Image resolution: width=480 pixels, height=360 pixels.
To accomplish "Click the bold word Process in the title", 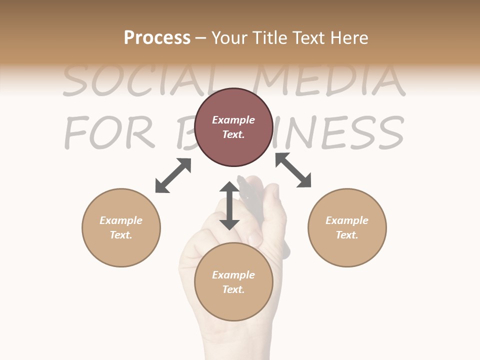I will click(157, 38).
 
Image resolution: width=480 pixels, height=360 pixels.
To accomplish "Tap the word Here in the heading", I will click(349, 38).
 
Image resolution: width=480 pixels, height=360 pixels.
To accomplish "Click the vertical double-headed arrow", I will click(229, 205).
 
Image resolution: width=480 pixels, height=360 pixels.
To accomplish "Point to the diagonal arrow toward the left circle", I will click(173, 175).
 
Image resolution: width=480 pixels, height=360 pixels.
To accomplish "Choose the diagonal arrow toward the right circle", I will click(293, 170).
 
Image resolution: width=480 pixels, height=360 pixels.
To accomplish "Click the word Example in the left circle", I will click(121, 220).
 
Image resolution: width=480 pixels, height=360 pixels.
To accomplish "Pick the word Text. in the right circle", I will click(347, 235).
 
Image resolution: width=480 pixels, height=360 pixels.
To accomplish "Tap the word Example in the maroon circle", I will click(233, 120).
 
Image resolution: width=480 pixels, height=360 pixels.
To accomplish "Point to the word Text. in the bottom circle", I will click(233, 289).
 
